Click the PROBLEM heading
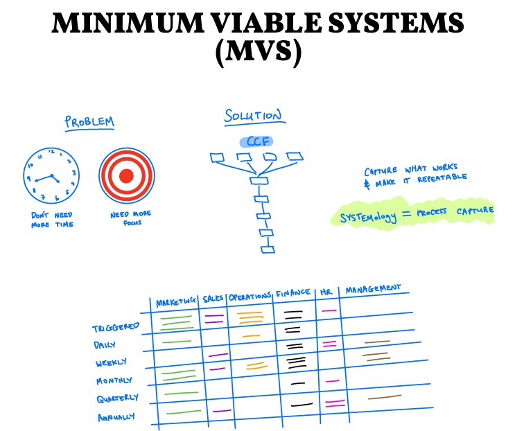point(89,123)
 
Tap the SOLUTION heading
point(252,116)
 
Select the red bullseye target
point(126,175)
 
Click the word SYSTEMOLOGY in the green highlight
point(369,217)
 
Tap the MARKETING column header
point(176,303)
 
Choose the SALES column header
point(213,299)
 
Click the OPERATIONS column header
point(250,296)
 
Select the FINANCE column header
point(293,292)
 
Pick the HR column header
point(326,292)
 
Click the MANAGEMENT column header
point(373,288)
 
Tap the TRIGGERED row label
point(116,326)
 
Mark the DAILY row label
point(105,344)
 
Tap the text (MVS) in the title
point(258,54)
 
